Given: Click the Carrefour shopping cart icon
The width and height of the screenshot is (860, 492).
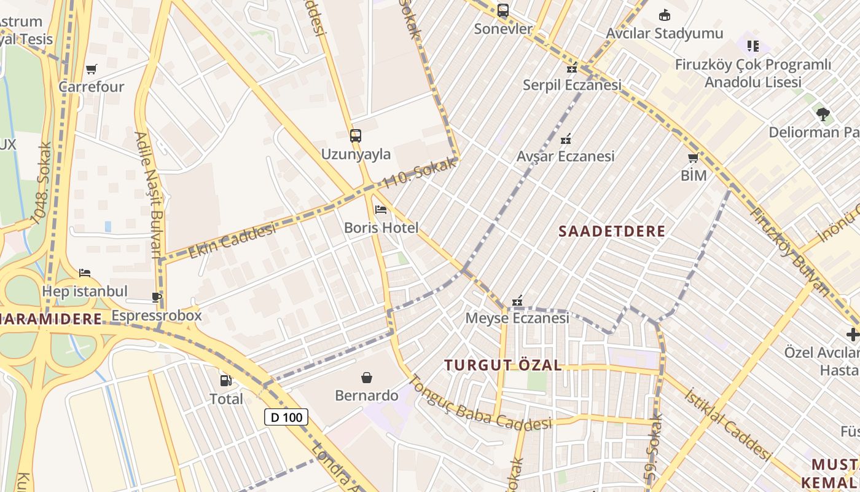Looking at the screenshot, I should [92, 69].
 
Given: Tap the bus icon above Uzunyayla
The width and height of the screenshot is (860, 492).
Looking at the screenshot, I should [355, 135].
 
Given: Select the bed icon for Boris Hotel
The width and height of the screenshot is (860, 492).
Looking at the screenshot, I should [381, 210].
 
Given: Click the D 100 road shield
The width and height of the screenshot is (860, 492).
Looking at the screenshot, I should [286, 417].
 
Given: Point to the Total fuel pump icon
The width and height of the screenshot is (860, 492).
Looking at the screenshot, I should [226, 381].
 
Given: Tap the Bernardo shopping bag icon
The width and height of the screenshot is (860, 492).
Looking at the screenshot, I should [367, 377].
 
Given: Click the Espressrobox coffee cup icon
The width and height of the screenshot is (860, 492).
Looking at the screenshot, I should [157, 298].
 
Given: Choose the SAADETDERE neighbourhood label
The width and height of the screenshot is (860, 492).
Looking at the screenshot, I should [612, 231].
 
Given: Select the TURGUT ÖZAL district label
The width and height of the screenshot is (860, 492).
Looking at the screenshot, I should [503, 365].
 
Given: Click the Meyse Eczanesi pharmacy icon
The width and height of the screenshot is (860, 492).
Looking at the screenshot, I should [517, 301].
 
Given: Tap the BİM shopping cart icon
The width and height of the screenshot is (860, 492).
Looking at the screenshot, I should [694, 157].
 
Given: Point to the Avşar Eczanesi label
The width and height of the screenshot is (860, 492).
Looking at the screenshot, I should [565, 156].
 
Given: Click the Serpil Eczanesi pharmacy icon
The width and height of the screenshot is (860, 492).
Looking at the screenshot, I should [572, 67].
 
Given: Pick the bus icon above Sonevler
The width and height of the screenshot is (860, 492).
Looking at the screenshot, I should [503, 10].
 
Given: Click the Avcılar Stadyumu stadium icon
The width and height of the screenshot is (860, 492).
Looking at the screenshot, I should [664, 15].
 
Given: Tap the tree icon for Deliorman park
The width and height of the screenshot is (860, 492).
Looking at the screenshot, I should [823, 114].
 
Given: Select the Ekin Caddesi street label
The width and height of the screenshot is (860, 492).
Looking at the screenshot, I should [232, 241].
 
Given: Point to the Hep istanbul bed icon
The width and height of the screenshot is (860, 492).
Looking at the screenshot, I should [85, 272].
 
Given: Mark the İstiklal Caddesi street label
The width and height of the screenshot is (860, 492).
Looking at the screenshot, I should [727, 424].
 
